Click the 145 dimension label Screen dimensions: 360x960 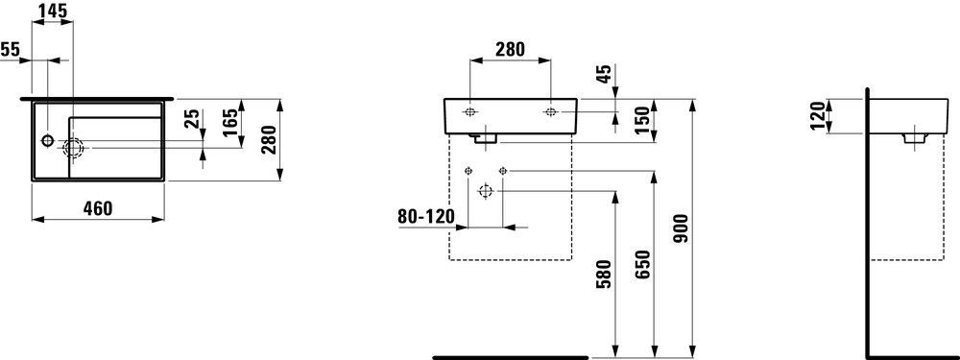(x=53, y=12)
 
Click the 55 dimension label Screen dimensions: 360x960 (x=11, y=50)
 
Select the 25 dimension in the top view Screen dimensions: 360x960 (x=192, y=119)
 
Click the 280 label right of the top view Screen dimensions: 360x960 (x=270, y=140)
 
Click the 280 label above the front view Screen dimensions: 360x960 (x=509, y=50)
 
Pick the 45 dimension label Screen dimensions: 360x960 (x=603, y=76)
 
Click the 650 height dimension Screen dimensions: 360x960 (x=642, y=264)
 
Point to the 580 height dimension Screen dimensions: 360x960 (x=602, y=276)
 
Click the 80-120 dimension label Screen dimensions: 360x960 (x=425, y=217)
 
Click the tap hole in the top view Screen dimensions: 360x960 (x=48, y=142)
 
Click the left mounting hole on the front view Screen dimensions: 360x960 (x=470, y=113)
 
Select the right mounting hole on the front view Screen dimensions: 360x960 (x=551, y=113)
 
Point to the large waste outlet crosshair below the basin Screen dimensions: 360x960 (x=485, y=192)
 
